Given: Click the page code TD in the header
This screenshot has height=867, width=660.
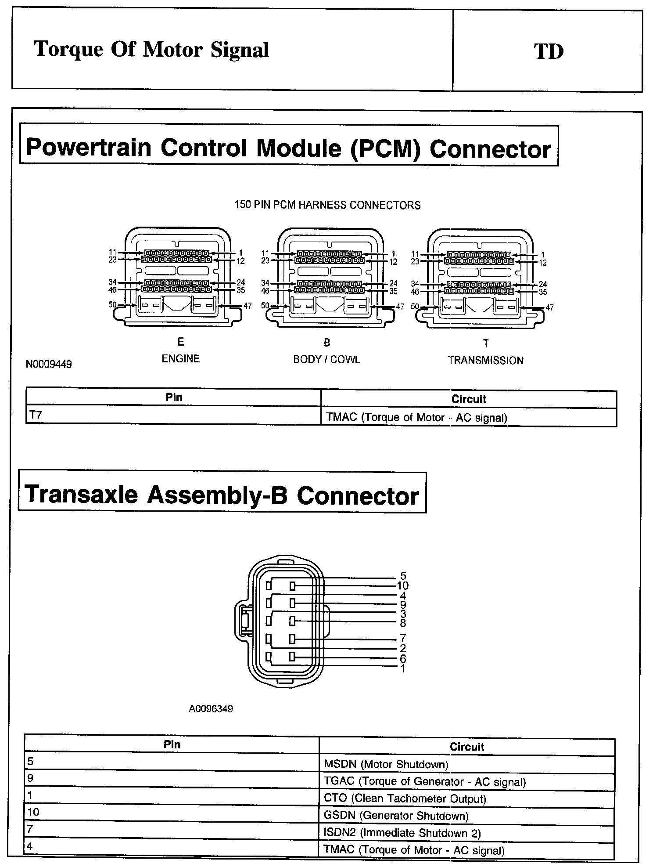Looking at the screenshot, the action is coord(549,51).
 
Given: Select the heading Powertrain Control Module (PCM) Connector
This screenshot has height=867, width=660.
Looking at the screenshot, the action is coord(288,148).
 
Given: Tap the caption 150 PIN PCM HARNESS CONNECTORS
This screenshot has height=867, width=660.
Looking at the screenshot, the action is coord(327,205).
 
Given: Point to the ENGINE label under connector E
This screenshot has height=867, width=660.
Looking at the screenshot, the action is coord(181,358).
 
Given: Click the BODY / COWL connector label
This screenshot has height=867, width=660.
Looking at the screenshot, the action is coord(326,359).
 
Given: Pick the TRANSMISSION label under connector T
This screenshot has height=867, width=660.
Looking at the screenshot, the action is coord(486,361).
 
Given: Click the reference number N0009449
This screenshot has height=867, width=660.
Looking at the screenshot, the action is coord(49,364).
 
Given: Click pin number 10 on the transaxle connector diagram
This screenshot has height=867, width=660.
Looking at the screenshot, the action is coord(402,585).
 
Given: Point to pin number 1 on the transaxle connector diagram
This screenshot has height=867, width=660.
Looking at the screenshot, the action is coord(402,668).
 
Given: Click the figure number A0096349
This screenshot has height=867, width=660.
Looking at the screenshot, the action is coord(211,709).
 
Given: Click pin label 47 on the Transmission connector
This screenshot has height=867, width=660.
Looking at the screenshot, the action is coord(549,307).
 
